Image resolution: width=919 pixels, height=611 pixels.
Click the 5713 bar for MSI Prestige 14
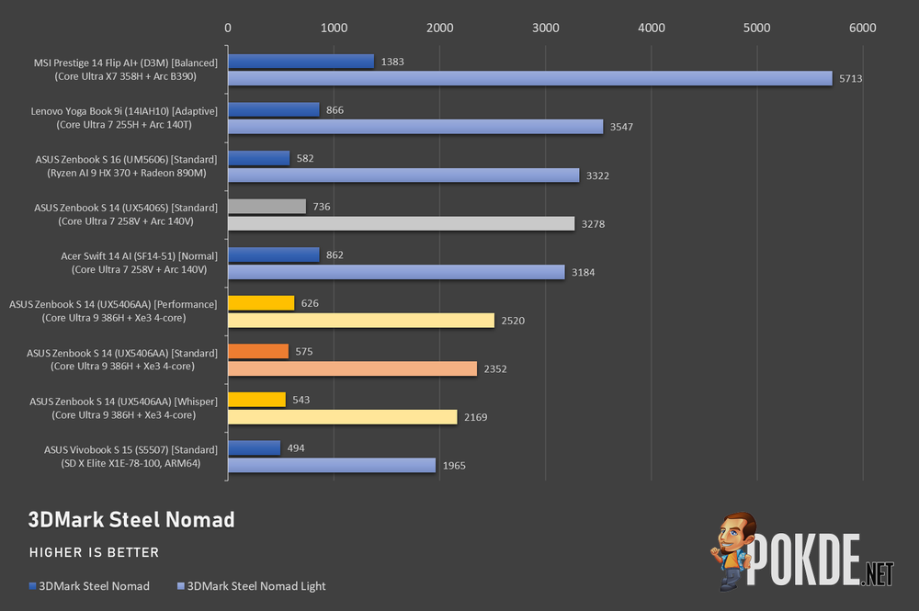point(530,78)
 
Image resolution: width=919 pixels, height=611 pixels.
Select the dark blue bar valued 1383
point(301,62)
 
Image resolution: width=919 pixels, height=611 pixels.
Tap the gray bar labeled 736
point(267,206)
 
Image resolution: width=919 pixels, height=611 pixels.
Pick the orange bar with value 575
point(258,352)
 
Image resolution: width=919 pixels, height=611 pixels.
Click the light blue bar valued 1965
point(332,465)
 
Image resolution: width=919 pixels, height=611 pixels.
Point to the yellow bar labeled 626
point(261,303)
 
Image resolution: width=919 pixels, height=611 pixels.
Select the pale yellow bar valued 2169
point(342,417)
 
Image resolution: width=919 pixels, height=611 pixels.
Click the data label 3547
point(621,127)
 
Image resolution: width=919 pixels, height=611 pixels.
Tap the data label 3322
point(597,175)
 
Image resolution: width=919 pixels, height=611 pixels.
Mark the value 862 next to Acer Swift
point(335,255)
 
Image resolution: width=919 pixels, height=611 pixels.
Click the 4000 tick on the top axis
point(652,28)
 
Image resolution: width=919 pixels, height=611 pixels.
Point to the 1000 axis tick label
point(334,28)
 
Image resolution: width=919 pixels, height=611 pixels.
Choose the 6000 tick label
point(863,28)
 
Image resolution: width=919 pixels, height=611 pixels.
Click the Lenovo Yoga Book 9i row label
point(124,118)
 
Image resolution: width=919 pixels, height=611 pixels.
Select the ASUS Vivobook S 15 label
point(130,457)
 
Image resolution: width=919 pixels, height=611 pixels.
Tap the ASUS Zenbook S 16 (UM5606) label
point(126,165)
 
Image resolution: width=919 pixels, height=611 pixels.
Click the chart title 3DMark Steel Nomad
point(131,520)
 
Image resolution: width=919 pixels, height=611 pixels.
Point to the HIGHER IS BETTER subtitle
point(95,552)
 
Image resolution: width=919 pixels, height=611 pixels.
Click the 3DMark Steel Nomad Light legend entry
point(252,586)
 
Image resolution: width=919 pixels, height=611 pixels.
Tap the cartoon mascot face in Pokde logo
point(732,536)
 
